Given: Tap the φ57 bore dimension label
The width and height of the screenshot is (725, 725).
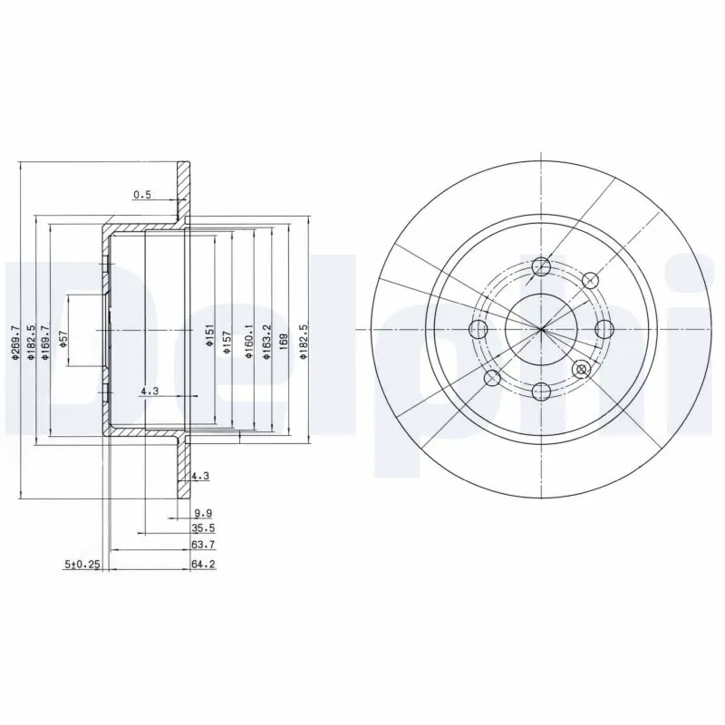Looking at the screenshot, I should tap(63, 337).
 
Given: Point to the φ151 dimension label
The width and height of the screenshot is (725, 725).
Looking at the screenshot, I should tap(209, 339).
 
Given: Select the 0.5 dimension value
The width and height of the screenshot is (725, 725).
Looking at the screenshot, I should tap(142, 194).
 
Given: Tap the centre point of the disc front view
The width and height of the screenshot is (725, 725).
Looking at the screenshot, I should tap(541, 328).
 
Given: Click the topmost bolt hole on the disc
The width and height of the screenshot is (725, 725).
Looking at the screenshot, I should tap(541, 266).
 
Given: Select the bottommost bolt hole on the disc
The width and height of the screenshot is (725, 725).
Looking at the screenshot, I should tap(541, 390).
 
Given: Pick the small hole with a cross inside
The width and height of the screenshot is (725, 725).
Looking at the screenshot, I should tap(582, 369).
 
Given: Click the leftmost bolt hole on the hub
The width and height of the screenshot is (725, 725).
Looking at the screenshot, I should tap(479, 328).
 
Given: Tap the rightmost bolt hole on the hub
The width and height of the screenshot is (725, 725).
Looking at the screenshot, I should tap(603, 328).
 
